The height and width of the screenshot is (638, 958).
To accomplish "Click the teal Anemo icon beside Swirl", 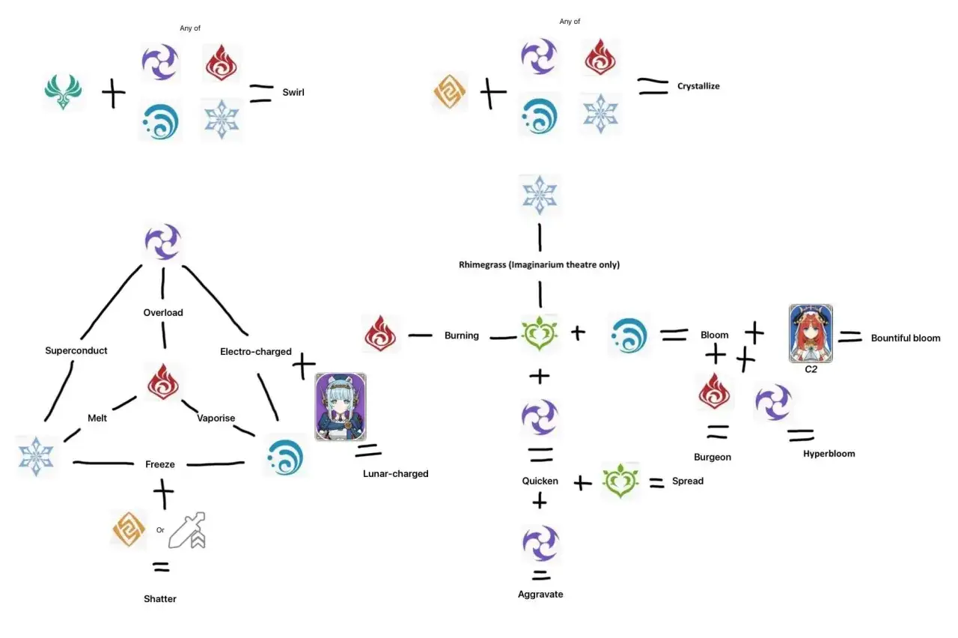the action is [64, 91].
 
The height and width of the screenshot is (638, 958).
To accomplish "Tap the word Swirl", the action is [293, 92].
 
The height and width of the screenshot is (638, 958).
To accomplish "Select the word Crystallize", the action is [698, 86].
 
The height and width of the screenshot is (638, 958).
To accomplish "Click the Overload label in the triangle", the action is [163, 313].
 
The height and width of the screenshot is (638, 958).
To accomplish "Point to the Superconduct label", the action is [76, 351].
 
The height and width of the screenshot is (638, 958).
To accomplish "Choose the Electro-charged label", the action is [256, 352].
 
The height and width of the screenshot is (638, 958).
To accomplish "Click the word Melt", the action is [97, 418].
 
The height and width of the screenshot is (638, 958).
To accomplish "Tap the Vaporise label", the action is [216, 418].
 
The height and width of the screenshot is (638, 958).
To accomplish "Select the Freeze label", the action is [160, 464].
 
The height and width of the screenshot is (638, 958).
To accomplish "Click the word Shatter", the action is [160, 598].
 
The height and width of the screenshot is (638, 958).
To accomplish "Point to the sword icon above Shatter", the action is [187, 530].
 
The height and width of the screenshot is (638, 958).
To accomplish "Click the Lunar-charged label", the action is [396, 474].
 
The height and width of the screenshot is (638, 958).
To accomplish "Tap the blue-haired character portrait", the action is [341, 407].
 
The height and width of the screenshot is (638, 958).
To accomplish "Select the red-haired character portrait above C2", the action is [811, 333].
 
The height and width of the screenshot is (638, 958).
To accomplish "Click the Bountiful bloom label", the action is [906, 338].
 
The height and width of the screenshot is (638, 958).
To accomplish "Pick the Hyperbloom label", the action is [829, 454].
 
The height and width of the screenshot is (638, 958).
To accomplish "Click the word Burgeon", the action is [713, 457].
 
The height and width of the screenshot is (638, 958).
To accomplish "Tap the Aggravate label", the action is [540, 594].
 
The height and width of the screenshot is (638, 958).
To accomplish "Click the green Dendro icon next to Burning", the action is [540, 333].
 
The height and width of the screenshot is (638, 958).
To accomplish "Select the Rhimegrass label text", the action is [482, 265].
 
